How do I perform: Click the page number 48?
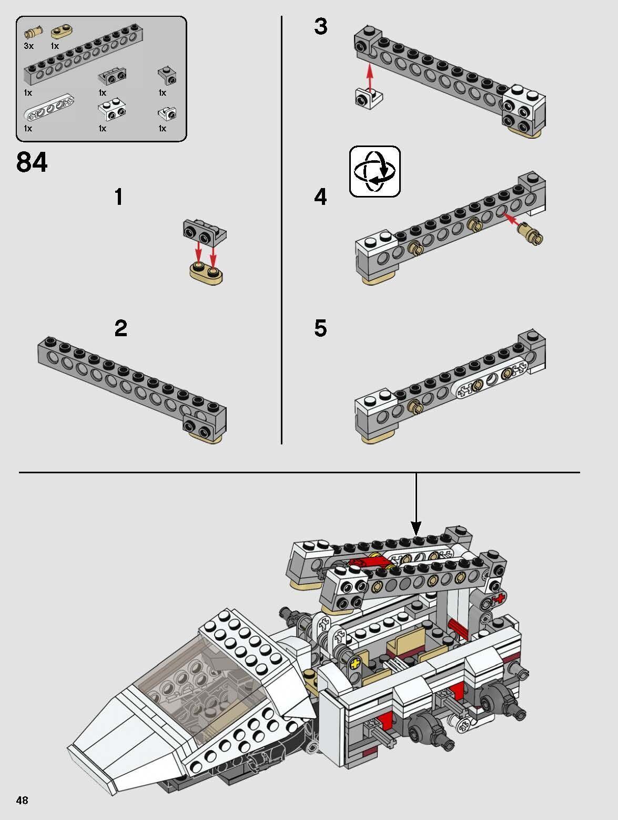(22, 800)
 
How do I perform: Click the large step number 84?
(32, 163)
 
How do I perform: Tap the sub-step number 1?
(119, 198)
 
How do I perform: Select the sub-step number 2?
(120, 329)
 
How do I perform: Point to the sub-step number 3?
(320, 27)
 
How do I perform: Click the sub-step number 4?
(320, 198)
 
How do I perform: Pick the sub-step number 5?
(320, 329)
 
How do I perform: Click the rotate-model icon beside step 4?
(374, 171)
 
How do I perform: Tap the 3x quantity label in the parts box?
(28, 46)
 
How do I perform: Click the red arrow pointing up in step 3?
(370, 76)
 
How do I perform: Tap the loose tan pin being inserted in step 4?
(531, 234)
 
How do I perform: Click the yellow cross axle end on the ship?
(358, 663)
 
